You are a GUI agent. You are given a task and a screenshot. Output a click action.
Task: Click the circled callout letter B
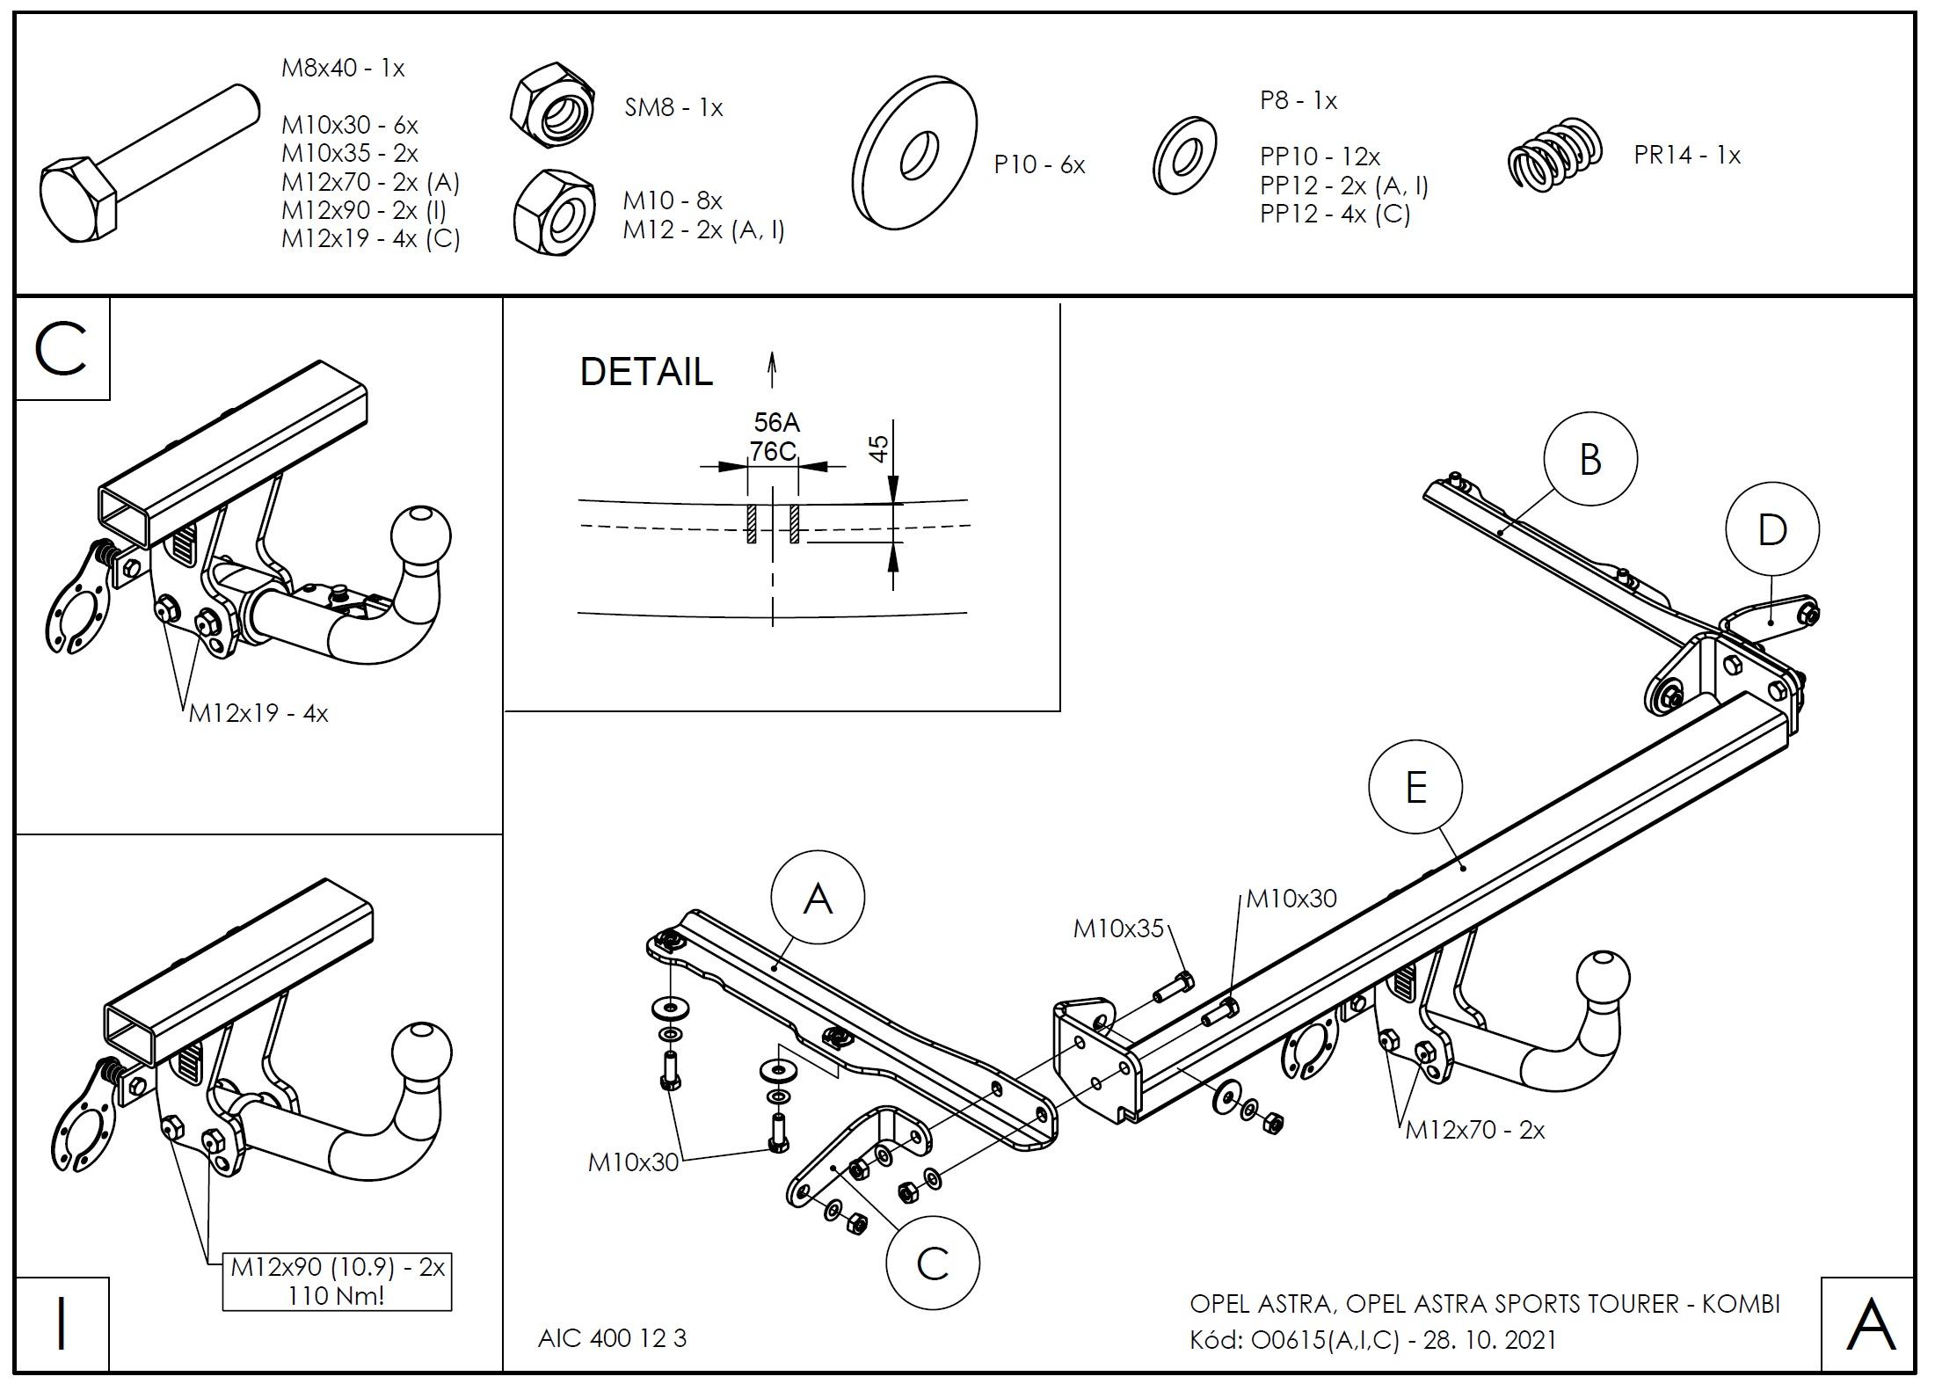[1589, 459]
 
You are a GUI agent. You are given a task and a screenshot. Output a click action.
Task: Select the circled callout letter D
[1771, 529]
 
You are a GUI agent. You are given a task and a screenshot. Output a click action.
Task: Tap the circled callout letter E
[1415, 787]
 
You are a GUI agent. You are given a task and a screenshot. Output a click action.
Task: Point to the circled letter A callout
[818, 898]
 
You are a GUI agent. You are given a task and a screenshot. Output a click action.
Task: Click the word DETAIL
[646, 372]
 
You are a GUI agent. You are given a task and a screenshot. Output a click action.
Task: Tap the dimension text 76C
[773, 451]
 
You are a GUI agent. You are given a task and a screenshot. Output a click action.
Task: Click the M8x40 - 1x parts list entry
[343, 69]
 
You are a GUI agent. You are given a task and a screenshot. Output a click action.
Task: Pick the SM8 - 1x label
[673, 108]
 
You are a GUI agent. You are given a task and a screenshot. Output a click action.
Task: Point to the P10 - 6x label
[1039, 165]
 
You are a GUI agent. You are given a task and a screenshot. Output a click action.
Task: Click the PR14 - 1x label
[1686, 156]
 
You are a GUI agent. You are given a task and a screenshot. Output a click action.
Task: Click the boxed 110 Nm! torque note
[337, 1295]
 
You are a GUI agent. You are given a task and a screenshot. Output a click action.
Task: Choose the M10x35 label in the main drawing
[1118, 928]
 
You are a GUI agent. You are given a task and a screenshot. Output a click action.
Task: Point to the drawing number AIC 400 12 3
[612, 1337]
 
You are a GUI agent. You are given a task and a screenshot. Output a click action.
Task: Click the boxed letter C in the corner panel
[62, 349]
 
